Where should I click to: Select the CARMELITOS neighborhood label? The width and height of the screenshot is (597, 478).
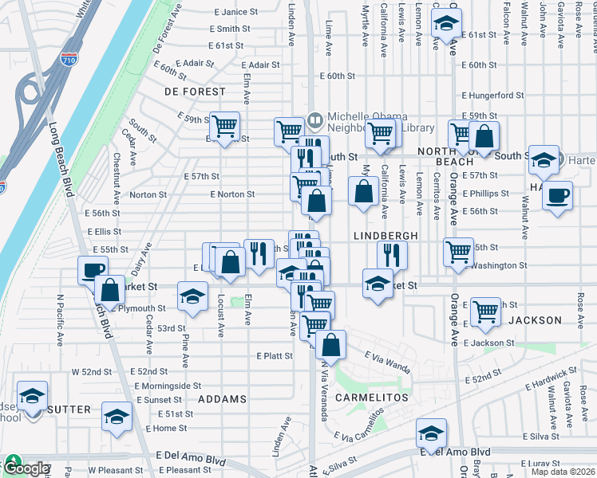(372, 397)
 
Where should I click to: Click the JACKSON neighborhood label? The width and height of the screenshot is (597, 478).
(534, 320)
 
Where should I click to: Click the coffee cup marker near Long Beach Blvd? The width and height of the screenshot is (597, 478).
(93, 270)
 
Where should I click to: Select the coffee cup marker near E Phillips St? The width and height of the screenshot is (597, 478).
(557, 194)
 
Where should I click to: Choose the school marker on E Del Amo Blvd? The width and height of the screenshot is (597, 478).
(431, 433)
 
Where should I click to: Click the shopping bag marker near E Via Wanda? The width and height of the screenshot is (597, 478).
(330, 345)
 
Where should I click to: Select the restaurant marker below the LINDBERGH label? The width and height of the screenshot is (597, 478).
(392, 254)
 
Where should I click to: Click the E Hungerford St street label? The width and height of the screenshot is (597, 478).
(492, 95)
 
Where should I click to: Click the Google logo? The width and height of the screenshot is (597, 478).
(26, 468)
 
